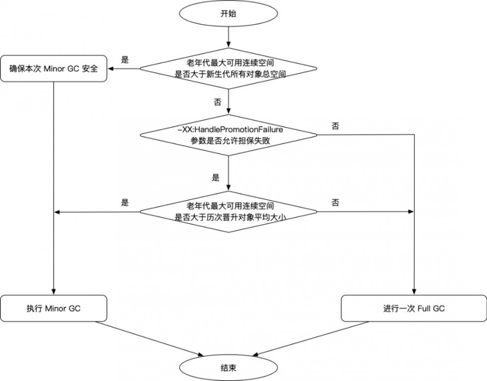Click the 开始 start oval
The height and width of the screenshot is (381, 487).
[228, 14]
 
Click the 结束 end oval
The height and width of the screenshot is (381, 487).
[228, 367]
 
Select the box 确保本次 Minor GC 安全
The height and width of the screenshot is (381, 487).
[54, 68]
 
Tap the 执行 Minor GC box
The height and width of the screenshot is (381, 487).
[54, 308]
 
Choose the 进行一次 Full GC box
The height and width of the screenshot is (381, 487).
[413, 308]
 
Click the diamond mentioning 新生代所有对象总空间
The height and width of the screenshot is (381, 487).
[228, 68]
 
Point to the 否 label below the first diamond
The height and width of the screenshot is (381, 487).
[217, 102]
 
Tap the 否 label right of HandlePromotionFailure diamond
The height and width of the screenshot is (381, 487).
[335, 126]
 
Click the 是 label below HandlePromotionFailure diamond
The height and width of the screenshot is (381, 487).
[216, 177]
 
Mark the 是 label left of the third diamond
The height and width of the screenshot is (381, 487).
[125, 203]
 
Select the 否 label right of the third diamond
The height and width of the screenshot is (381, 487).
[335, 203]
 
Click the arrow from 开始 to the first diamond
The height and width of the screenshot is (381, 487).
[228, 37]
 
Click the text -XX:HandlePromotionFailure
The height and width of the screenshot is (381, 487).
[228, 130]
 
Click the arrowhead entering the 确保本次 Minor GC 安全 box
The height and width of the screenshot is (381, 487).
[111, 68]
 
